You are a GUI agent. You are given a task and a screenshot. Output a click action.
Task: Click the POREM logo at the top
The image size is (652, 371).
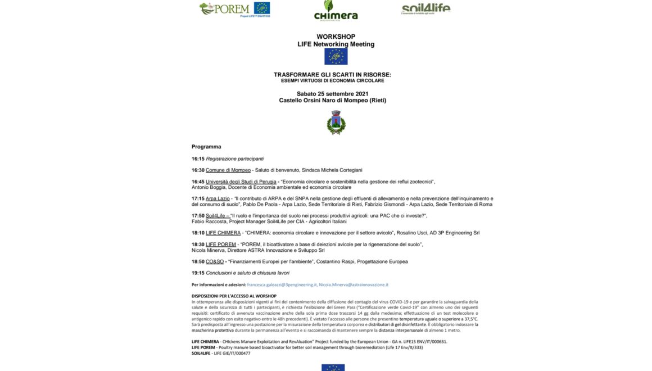(x=234, y=8)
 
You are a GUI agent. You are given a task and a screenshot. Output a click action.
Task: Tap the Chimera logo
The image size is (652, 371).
(x=336, y=10)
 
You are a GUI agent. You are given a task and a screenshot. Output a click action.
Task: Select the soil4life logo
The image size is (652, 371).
(x=425, y=8)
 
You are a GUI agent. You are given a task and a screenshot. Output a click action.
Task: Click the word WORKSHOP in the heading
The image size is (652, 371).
(x=336, y=37)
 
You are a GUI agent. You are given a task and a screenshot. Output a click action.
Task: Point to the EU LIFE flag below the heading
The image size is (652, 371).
(x=336, y=56)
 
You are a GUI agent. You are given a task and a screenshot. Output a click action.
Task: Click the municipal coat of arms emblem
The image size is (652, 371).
(x=336, y=123)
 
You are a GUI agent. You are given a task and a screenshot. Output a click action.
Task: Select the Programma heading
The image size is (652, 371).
(x=206, y=147)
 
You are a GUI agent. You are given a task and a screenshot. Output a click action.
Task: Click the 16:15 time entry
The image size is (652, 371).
(x=198, y=159)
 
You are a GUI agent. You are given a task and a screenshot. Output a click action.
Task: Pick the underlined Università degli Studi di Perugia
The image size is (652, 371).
(x=241, y=182)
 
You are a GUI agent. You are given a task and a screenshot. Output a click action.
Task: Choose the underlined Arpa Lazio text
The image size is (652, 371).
(x=218, y=198)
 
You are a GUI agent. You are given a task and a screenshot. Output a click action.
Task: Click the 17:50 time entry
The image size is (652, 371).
(x=198, y=215)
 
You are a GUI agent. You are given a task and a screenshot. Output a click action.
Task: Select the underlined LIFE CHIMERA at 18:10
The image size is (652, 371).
(x=223, y=233)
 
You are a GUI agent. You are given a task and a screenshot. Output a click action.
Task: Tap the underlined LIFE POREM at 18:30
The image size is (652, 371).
(x=221, y=245)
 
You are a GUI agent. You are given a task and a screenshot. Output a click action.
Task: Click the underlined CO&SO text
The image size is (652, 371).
(x=215, y=261)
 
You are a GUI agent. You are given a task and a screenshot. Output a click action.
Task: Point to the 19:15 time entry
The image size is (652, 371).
(x=198, y=273)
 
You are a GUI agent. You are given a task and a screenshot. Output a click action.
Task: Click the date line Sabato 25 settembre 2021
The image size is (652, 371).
(x=333, y=93)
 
